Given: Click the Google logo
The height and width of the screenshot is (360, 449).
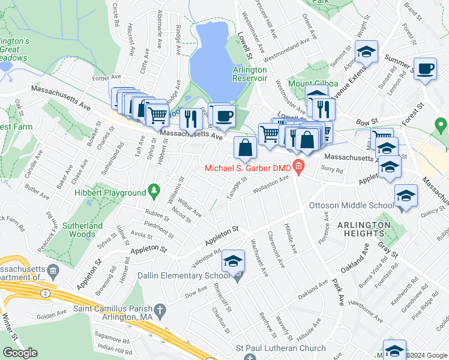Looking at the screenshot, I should tap(20, 353).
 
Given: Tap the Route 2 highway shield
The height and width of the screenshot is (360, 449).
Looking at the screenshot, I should tap(46, 292).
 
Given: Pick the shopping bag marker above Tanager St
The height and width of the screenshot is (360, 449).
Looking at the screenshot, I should tap(246, 148).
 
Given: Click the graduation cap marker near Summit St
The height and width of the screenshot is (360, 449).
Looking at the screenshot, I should tap(366, 52).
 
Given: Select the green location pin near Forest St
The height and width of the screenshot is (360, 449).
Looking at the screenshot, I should tap(441, 126).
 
